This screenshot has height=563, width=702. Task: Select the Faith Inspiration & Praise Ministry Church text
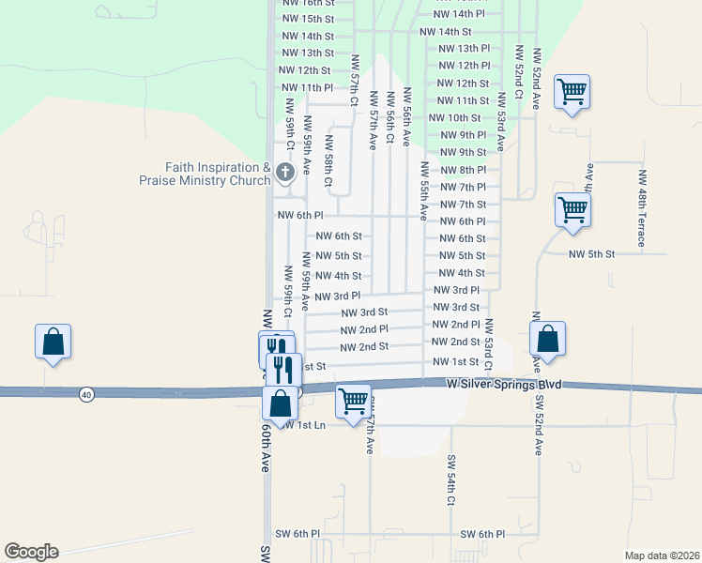pos(206,174)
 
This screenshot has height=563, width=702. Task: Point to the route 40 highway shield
pos(86,395)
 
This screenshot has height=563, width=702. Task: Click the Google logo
pos(31,552)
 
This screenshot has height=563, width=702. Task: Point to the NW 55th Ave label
pos(424,190)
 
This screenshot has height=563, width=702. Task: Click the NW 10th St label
pos(454,117)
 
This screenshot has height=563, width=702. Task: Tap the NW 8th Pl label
pos(463,170)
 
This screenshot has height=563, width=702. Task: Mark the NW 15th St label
pos(308,19)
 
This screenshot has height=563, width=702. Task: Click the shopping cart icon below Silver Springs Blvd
pos(353,401)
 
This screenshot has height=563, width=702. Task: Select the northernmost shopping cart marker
pos(572,92)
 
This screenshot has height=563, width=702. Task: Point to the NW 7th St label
pos(463,204)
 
